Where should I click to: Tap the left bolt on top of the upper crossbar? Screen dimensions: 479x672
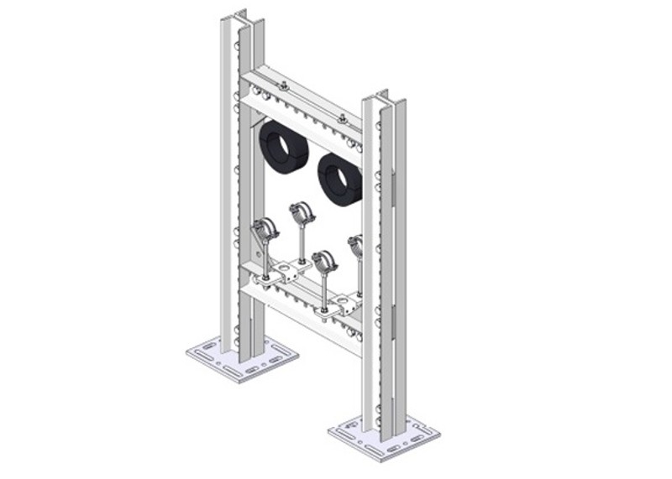284,85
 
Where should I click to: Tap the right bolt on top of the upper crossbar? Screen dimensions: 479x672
342,117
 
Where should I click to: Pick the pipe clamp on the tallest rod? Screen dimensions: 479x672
302,211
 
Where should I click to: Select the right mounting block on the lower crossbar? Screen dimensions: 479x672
344,302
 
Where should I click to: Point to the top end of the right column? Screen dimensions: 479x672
381,97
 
